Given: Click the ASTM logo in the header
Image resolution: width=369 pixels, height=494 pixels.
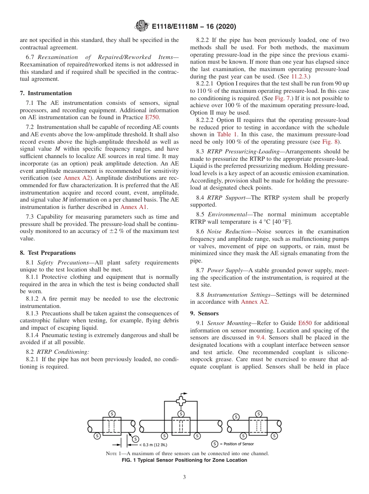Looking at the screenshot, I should point(141,26).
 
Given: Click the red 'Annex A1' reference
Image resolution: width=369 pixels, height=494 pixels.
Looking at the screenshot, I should point(133,207).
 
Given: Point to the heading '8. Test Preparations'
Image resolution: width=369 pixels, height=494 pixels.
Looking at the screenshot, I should point(48,252).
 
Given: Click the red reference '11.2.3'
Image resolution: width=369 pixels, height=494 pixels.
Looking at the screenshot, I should point(299,77).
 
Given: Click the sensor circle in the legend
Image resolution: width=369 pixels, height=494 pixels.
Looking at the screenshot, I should point(215,444).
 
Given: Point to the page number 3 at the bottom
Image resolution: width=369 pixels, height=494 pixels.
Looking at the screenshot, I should point(184,477).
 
